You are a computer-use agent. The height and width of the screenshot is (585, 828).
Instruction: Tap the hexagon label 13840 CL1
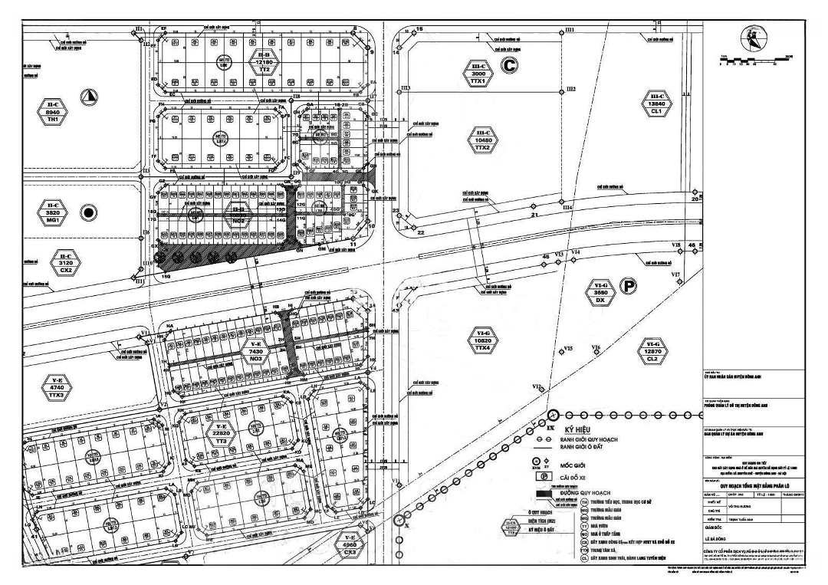[x=655, y=103]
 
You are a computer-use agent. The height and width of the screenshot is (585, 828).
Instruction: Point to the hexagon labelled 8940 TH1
[x=52, y=112]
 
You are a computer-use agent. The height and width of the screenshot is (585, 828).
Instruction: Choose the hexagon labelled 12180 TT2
[x=264, y=61]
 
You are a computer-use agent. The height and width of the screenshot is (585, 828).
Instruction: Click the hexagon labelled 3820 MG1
[x=52, y=212]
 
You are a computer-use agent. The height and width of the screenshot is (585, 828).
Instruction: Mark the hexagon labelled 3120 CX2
[x=66, y=261]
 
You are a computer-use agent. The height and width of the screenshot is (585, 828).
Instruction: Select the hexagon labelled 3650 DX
[x=600, y=293]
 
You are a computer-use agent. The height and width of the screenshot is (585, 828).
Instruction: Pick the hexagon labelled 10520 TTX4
[x=482, y=339]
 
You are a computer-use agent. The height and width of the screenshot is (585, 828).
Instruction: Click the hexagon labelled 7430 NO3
[x=255, y=350]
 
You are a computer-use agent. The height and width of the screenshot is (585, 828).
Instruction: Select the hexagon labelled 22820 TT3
[x=221, y=433]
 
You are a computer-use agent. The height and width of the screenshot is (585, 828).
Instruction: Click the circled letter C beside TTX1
[x=509, y=66]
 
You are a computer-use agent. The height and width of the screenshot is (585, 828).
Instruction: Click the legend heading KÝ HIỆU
[x=580, y=430]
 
